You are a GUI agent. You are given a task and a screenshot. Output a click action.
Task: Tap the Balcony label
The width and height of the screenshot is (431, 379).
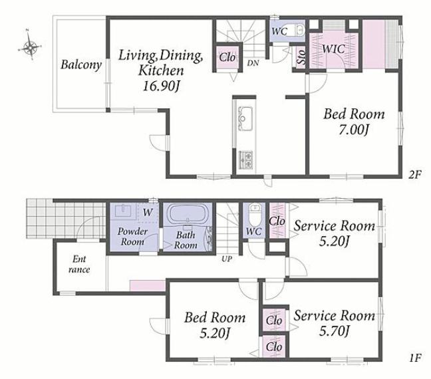click(x=81, y=65)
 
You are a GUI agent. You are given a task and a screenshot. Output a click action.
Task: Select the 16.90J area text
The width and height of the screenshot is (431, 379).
click(x=161, y=86)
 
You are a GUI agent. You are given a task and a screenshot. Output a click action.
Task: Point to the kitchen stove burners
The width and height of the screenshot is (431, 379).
click(x=246, y=160)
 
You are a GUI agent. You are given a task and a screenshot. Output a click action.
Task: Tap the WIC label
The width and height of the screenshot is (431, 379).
click(x=333, y=49)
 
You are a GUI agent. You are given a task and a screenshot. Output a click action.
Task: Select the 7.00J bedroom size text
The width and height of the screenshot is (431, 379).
click(x=353, y=130)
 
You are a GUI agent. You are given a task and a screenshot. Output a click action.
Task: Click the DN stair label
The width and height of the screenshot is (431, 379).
click(x=253, y=63)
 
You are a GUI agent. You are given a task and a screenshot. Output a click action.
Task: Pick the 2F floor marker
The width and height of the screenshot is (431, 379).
click(x=414, y=174)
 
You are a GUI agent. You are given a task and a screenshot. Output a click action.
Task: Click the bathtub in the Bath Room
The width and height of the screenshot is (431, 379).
click(x=188, y=214)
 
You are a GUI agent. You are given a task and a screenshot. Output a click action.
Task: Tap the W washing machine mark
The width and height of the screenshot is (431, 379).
click(x=148, y=212)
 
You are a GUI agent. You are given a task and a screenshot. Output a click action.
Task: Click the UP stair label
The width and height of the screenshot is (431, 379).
click(x=227, y=259)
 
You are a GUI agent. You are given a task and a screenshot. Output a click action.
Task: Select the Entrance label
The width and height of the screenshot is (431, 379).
click(x=79, y=264)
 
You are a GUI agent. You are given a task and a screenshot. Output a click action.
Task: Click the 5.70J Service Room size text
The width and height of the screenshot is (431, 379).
click(x=335, y=330)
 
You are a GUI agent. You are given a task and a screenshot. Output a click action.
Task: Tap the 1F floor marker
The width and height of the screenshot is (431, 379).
click(x=415, y=358)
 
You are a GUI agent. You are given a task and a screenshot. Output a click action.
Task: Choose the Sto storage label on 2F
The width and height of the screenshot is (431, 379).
click(x=301, y=57)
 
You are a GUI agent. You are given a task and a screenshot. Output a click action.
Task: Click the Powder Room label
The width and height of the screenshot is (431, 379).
click(x=132, y=236)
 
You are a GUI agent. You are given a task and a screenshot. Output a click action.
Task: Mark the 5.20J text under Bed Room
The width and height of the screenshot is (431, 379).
click(x=215, y=333)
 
